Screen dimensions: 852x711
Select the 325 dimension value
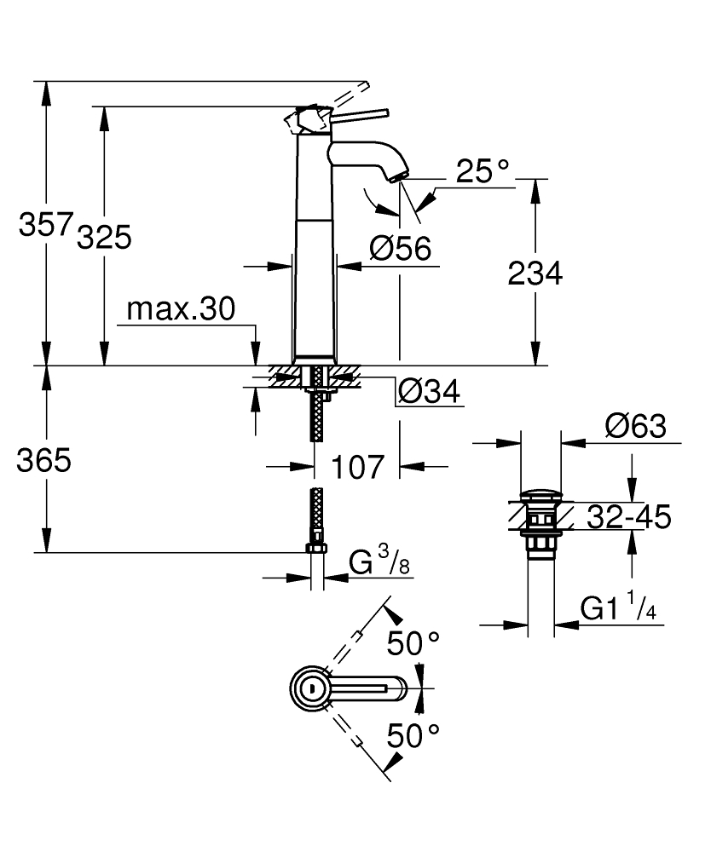[104, 238]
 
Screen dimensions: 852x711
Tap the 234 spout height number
[535, 273]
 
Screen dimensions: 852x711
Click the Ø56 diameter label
[401, 249]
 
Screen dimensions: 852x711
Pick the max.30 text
[180, 310]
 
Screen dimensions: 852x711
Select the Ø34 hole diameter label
[429, 392]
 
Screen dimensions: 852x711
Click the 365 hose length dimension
[44, 461]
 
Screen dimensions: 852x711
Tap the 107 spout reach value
[358, 468]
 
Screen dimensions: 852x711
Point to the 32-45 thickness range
[628, 516]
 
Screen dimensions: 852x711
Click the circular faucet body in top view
[312, 688]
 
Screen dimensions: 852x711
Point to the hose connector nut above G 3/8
[315, 547]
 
